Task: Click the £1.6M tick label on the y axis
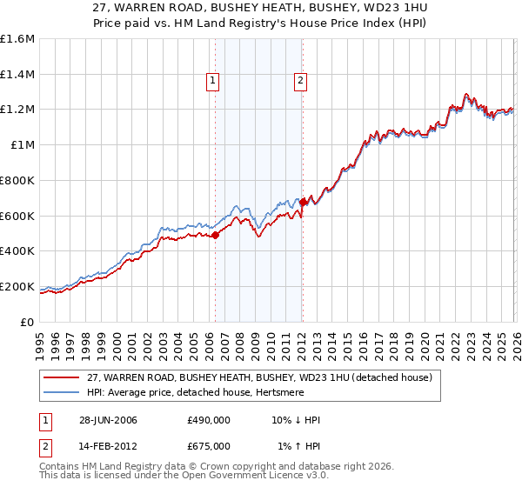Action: pyautogui.click(x=17, y=39)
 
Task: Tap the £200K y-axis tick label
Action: pyautogui.click(x=17, y=286)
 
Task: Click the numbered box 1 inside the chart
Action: pyautogui.click(x=213, y=81)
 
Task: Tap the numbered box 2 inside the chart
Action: pyautogui.click(x=300, y=81)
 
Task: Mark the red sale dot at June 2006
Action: pyautogui.click(x=216, y=235)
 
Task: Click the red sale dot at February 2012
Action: pyautogui.click(x=303, y=202)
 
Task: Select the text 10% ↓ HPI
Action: pyautogui.click(x=295, y=420)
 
